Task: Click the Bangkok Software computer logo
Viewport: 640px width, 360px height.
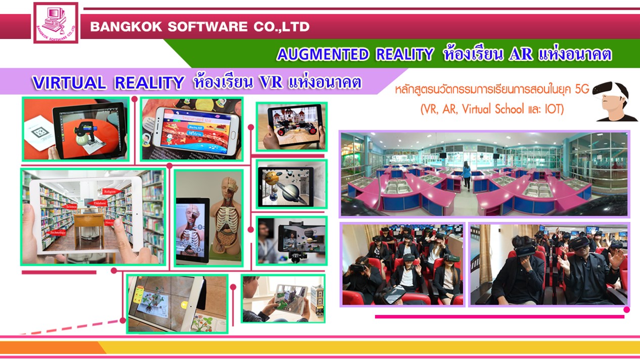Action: (56, 22)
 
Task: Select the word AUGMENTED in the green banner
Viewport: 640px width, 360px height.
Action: (323, 55)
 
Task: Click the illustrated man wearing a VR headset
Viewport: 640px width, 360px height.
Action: (614, 101)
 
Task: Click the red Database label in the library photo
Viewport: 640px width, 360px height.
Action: (99, 203)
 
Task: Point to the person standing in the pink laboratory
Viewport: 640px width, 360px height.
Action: (466, 175)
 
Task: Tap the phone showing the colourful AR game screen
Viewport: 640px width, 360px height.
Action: (197, 126)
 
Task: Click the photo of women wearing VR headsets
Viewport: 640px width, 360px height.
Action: (402, 264)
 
